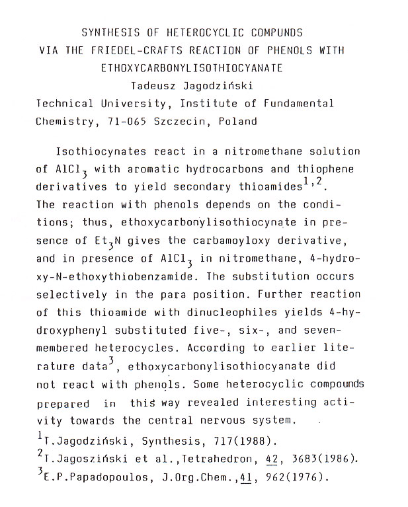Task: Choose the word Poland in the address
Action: [x=239, y=121]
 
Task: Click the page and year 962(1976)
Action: [x=294, y=475]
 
